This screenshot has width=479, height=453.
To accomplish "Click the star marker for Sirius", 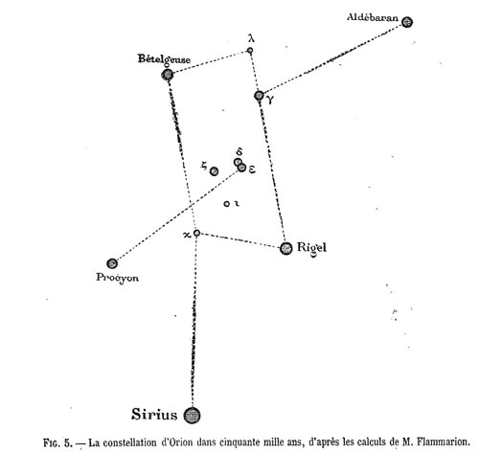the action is click(x=192, y=415).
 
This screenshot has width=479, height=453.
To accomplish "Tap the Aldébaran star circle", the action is click(x=406, y=22).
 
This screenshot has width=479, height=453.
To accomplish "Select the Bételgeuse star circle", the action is click(x=168, y=75).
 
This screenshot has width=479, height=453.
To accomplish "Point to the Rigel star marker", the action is click(x=285, y=248).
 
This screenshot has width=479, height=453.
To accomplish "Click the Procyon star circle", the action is click(x=112, y=263).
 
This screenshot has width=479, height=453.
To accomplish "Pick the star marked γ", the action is click(x=259, y=96).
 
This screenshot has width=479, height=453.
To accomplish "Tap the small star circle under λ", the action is click(x=250, y=50).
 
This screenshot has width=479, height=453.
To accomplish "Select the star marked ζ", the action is click(x=214, y=171).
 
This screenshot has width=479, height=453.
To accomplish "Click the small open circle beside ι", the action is click(x=226, y=204).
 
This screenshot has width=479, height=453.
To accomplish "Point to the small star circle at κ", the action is click(x=196, y=233).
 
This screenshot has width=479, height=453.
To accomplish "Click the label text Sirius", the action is click(x=154, y=415).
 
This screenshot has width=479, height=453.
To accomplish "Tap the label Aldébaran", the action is click(x=373, y=17).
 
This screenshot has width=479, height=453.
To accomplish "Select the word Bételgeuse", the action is click(x=164, y=58).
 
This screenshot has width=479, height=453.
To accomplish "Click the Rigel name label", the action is click(x=311, y=248).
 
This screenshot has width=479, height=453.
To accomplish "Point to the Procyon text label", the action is click(x=117, y=278).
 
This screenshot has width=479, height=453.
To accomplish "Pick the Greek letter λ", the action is click(x=251, y=38).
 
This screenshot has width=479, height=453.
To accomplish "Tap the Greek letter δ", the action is click(x=239, y=152).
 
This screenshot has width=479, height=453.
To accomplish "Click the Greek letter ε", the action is click(x=252, y=170).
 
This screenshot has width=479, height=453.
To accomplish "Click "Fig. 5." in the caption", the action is click(x=57, y=443).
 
